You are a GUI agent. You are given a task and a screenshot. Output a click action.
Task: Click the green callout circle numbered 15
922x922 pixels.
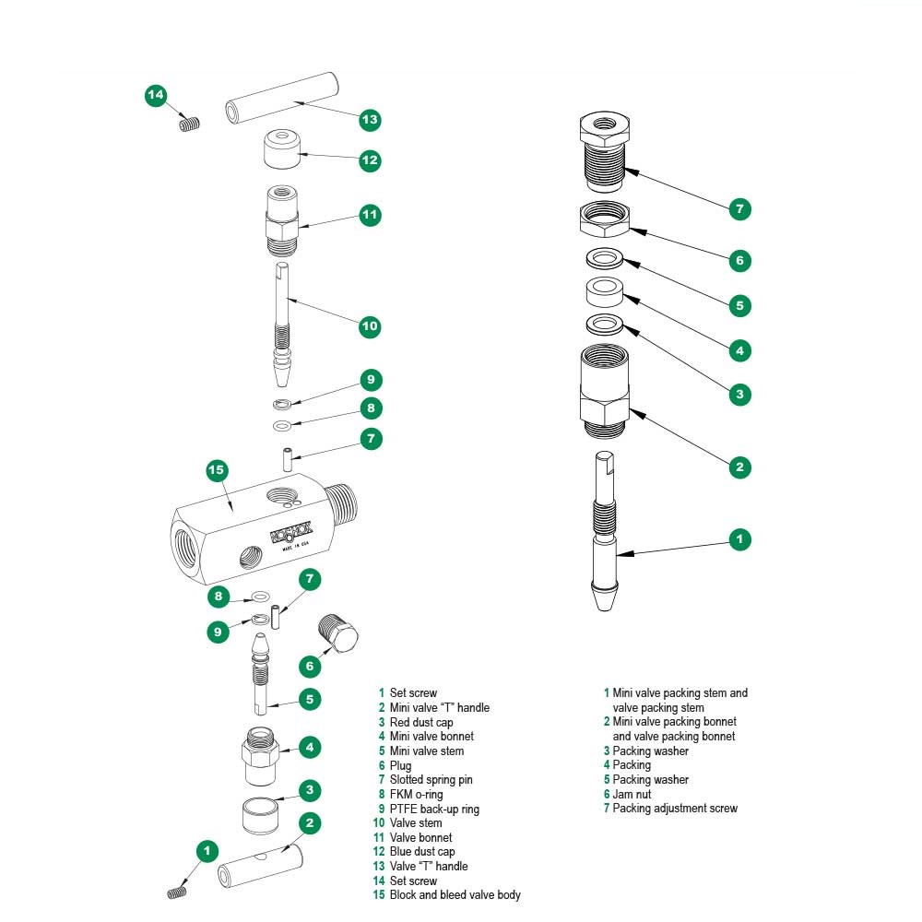pyautogui.click(x=216, y=470)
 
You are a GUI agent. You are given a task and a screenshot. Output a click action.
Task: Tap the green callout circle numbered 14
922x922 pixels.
pyautogui.click(x=156, y=95)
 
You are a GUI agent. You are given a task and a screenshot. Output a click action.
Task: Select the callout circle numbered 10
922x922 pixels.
pyautogui.click(x=370, y=325)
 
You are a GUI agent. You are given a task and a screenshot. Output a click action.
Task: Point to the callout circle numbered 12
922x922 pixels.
pyautogui.click(x=370, y=160)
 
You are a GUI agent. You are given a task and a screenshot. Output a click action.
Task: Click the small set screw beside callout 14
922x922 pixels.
pyautogui.click(x=189, y=124)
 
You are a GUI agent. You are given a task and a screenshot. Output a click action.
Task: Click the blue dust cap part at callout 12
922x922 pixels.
pyautogui.click(x=282, y=150)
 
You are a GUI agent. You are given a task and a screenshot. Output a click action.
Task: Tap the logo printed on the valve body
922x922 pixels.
pyautogui.click(x=290, y=533)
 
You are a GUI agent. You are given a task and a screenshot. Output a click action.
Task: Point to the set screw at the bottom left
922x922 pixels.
pyautogui.click(x=177, y=892)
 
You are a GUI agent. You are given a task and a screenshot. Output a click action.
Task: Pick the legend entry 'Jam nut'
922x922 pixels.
pyautogui.click(x=632, y=794)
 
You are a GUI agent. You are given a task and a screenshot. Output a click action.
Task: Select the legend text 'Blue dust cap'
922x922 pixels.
pyautogui.click(x=421, y=851)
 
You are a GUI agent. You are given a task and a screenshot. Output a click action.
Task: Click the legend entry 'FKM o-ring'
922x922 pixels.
pyautogui.click(x=416, y=794)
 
